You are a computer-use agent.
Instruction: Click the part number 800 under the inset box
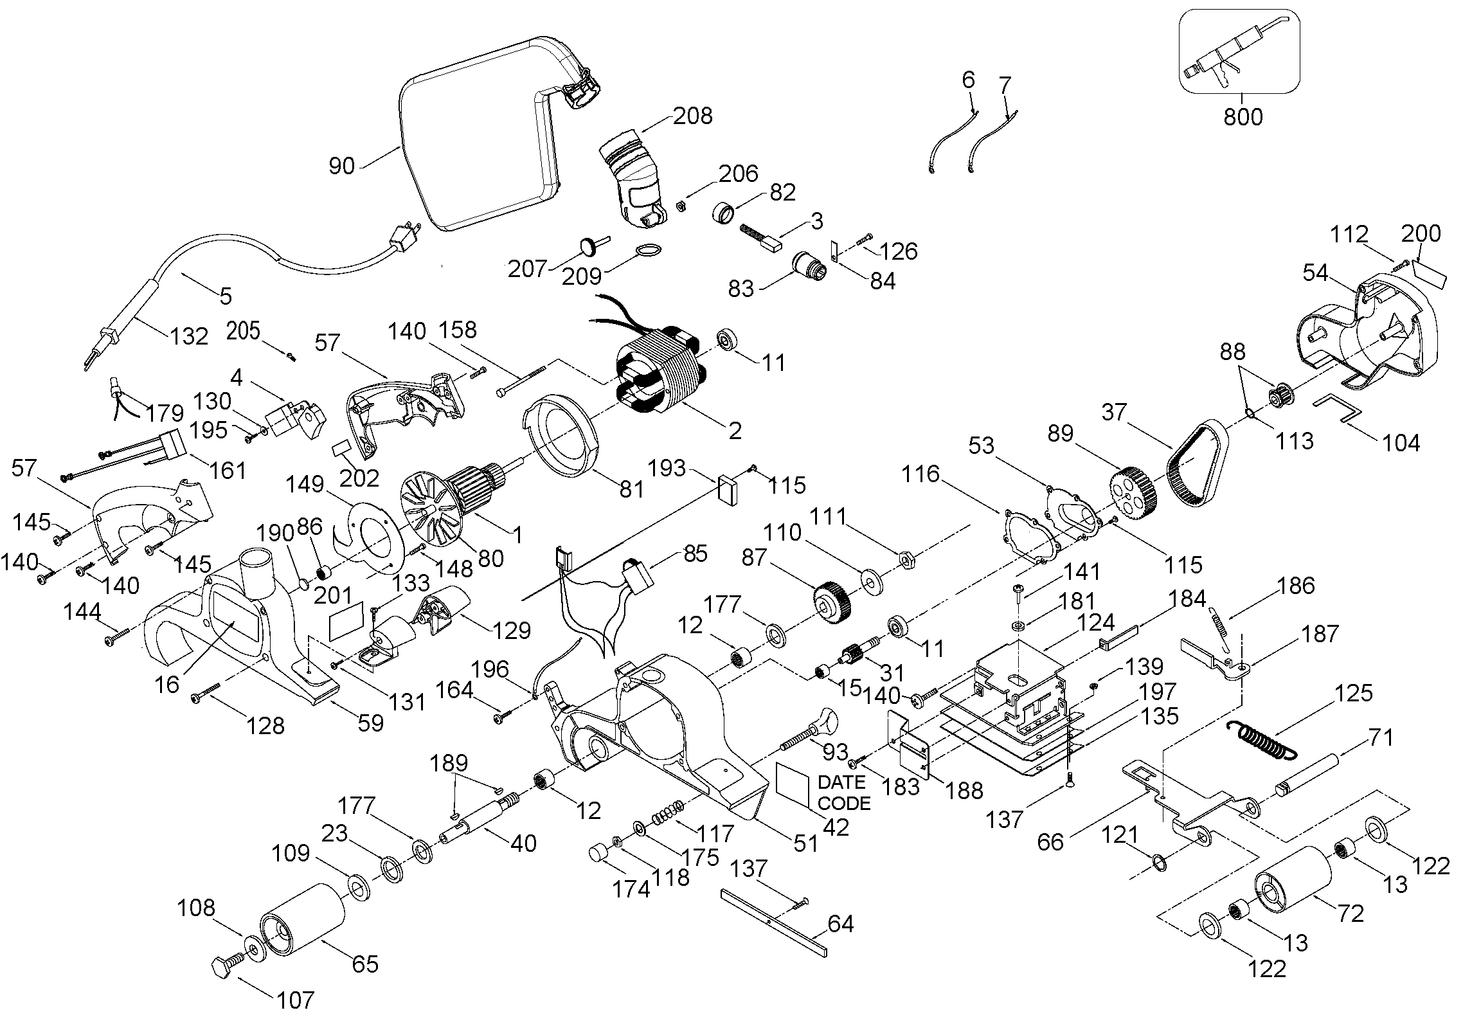[x=1243, y=117]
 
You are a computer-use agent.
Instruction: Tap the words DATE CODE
[x=844, y=793]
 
